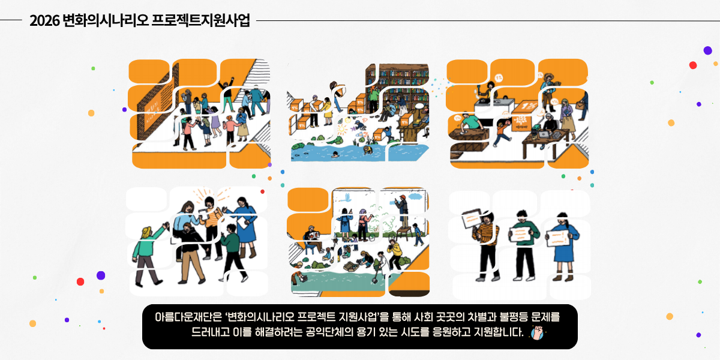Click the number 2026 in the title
tap(44, 21)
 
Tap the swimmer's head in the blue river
tap(334, 154)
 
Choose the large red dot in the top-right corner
tap(693, 65)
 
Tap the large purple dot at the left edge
tap(101, 275)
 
